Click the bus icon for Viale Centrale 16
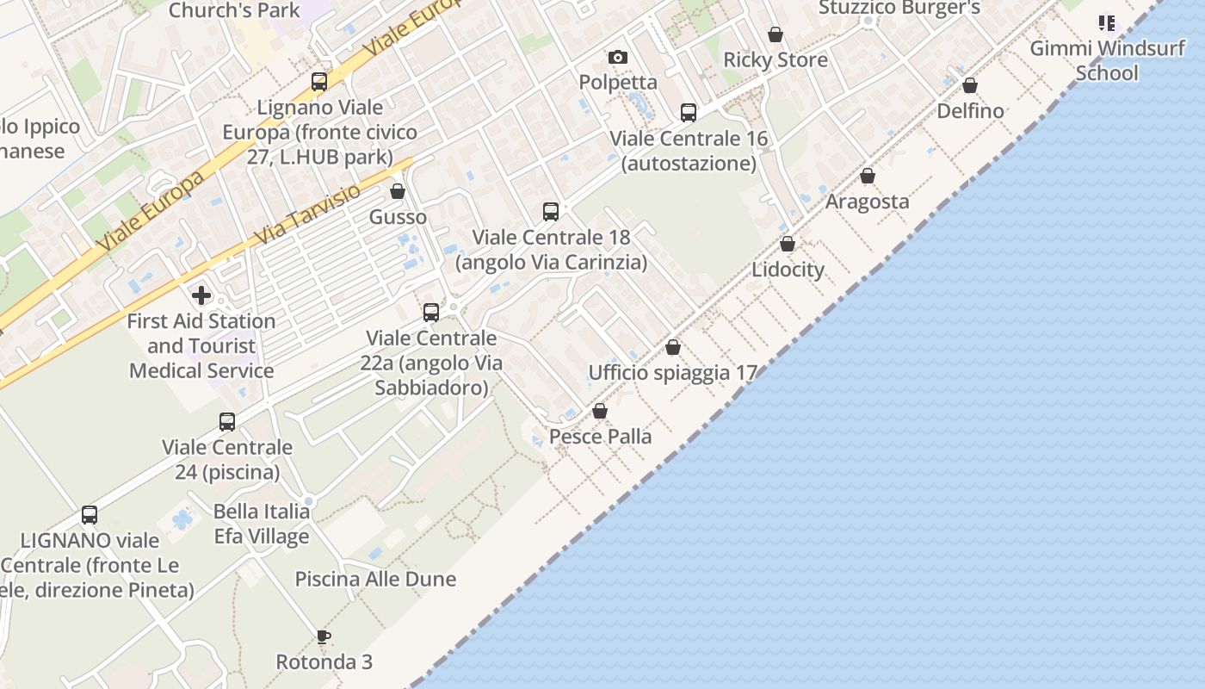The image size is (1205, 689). coord(689,112)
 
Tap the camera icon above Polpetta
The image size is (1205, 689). coord(617,58)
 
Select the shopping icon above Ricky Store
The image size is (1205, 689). coord(776,34)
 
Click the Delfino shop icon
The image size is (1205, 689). coord(970,85)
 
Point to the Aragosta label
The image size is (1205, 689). coord(867,202)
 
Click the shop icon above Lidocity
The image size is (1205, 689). coord(788,244)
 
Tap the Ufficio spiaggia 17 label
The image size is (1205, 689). coord(672,373)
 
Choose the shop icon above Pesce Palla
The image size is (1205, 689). coord(600,411)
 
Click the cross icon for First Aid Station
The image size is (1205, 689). coord(201,295)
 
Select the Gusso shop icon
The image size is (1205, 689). coord(398,191)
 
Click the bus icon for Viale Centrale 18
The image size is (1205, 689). coord(551,211)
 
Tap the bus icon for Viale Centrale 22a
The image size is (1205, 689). coord(431,313)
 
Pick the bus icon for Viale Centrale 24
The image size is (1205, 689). coord(227,421)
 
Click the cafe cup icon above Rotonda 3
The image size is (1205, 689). coord(324,637)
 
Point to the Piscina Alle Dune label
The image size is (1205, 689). coord(375,579)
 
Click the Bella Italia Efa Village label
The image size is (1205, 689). coord(262,524)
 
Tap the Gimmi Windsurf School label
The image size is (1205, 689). coord(1107,60)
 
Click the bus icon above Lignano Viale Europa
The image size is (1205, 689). coord(319,82)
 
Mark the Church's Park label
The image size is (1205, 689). coord(234,10)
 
